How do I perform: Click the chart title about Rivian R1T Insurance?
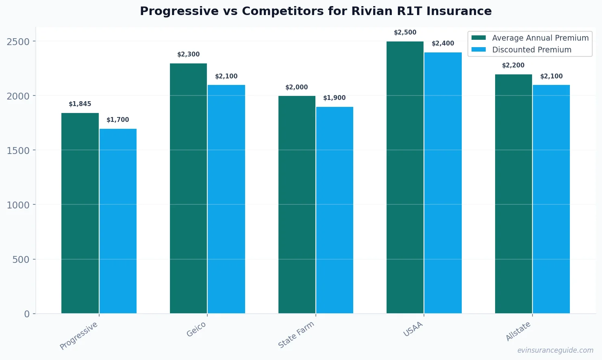(x=315, y=11)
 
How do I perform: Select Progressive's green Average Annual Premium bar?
(x=80, y=213)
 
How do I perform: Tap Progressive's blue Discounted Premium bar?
(x=118, y=221)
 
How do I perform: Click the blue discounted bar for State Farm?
(x=335, y=210)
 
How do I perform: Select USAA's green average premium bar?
(x=405, y=177)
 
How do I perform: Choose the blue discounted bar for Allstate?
(x=551, y=199)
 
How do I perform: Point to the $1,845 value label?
(x=80, y=104)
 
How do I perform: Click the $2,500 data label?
(x=405, y=33)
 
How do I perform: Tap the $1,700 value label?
(x=118, y=120)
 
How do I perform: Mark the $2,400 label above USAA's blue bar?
(x=443, y=43)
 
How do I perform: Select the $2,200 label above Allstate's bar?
(x=513, y=65)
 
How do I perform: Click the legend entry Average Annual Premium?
(x=540, y=38)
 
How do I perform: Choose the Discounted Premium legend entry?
(x=531, y=50)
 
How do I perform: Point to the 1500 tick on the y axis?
(x=18, y=150)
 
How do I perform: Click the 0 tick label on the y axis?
(x=27, y=314)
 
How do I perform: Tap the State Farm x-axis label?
(x=296, y=334)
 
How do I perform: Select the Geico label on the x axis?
(x=196, y=330)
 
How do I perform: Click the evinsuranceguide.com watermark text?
(x=555, y=350)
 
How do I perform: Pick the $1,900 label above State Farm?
(x=335, y=98)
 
